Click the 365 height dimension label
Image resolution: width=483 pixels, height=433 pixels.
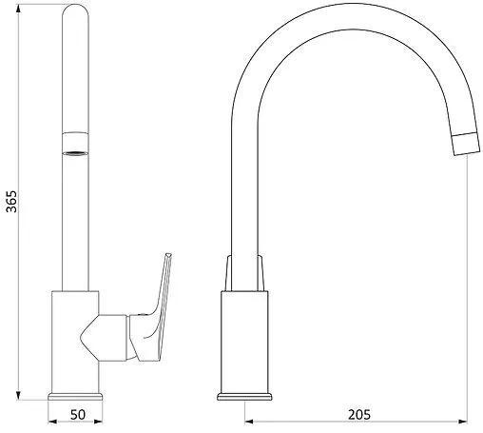point(11,201)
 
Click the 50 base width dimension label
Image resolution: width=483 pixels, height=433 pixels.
point(78,414)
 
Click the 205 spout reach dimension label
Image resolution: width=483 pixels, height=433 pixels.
point(359,414)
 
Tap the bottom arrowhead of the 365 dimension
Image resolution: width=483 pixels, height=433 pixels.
point(18,395)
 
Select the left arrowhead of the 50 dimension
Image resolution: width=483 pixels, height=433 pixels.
point(52,422)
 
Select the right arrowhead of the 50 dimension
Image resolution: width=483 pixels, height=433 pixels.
point(98,422)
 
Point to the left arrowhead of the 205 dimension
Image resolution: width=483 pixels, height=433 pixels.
point(249,422)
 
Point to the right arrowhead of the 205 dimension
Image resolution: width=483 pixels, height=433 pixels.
point(463,422)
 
